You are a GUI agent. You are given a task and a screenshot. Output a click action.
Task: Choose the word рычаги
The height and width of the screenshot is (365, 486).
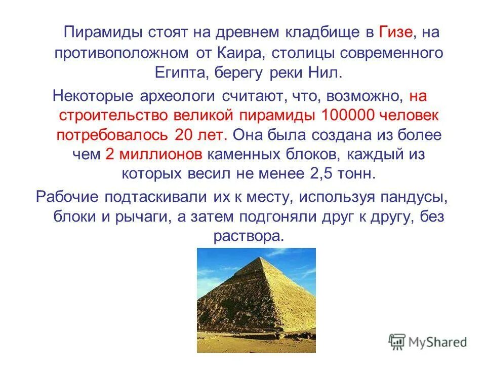tap(145, 216)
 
